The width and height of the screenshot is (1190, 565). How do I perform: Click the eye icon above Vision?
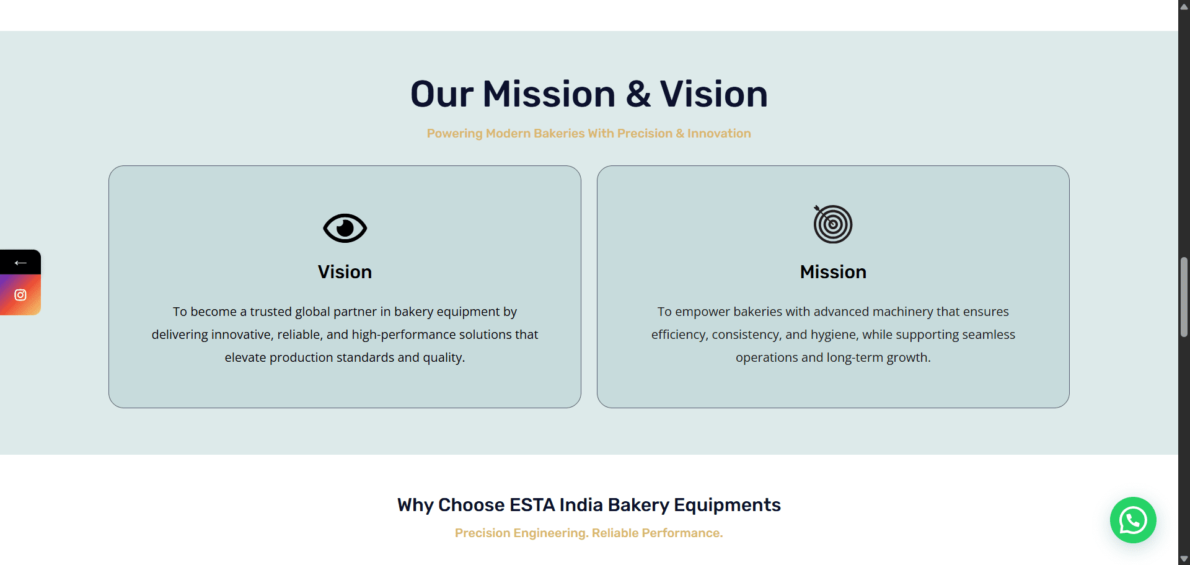click(345, 228)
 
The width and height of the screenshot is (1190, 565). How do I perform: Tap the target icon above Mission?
click(833, 224)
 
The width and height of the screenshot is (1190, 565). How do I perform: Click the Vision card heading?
click(345, 272)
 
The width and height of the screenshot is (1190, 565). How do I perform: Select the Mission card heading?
click(833, 272)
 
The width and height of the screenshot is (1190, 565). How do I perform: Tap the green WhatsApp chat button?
click(1133, 520)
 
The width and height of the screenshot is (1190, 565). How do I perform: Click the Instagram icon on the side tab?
click(20, 295)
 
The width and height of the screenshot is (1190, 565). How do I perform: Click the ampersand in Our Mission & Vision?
click(638, 95)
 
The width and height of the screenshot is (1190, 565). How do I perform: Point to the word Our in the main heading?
click(442, 95)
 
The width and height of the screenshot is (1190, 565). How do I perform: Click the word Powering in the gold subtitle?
click(454, 134)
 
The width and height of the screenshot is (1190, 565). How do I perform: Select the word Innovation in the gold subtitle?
click(719, 133)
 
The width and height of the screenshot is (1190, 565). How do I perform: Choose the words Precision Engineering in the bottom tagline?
click(521, 533)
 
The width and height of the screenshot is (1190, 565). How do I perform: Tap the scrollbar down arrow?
click(1184, 559)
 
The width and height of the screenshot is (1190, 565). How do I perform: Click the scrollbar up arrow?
click(1184, 6)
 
